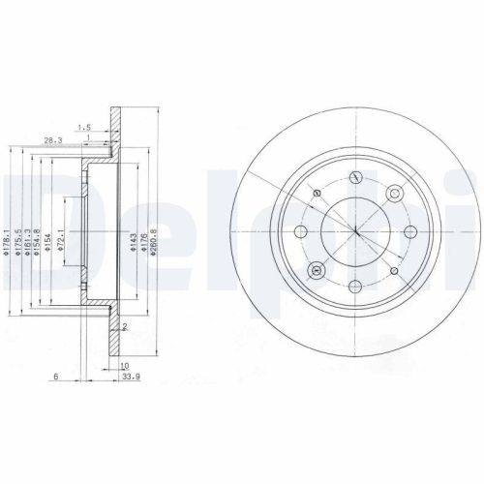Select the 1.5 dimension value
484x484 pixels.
click(86, 127)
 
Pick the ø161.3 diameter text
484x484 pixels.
click(30, 231)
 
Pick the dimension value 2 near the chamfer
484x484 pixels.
click(124, 326)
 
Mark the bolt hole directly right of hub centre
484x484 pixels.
click(410, 230)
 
